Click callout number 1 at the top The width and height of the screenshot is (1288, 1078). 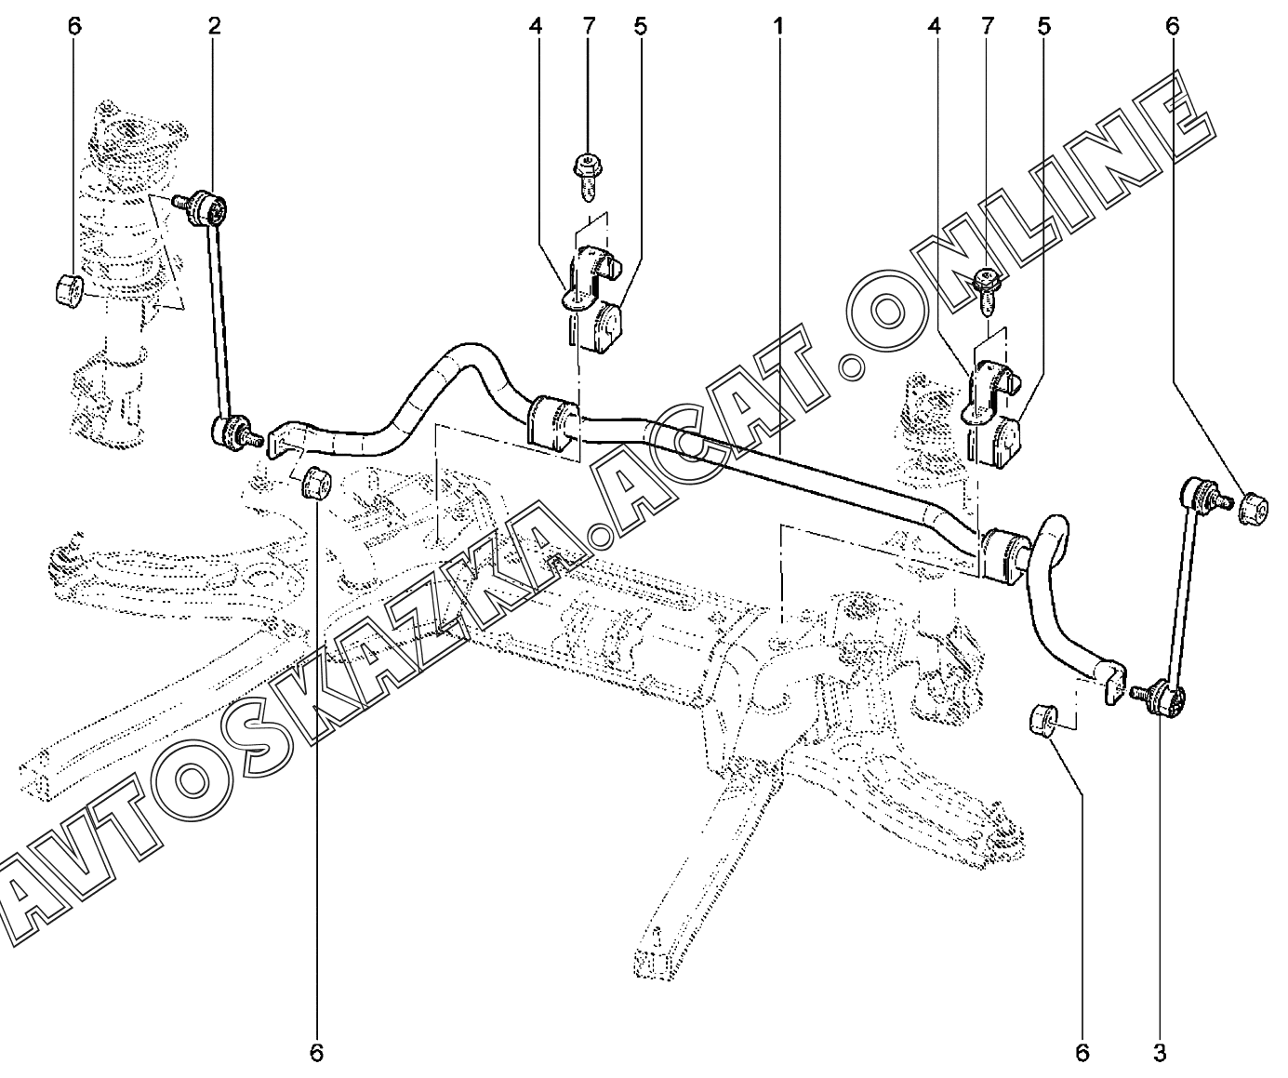pos(778,27)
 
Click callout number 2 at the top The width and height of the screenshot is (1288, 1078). pos(214,27)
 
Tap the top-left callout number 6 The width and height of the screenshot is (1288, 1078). pos(74,27)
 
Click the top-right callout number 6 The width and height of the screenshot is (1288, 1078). pos(1172,27)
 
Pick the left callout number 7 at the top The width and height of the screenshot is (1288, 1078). pos(589,27)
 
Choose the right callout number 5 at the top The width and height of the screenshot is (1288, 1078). pos(1043,27)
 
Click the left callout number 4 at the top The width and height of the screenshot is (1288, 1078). pos(536,27)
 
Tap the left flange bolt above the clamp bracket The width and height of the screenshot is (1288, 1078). pos(588,177)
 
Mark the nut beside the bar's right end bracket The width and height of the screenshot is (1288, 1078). pos(1043,719)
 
